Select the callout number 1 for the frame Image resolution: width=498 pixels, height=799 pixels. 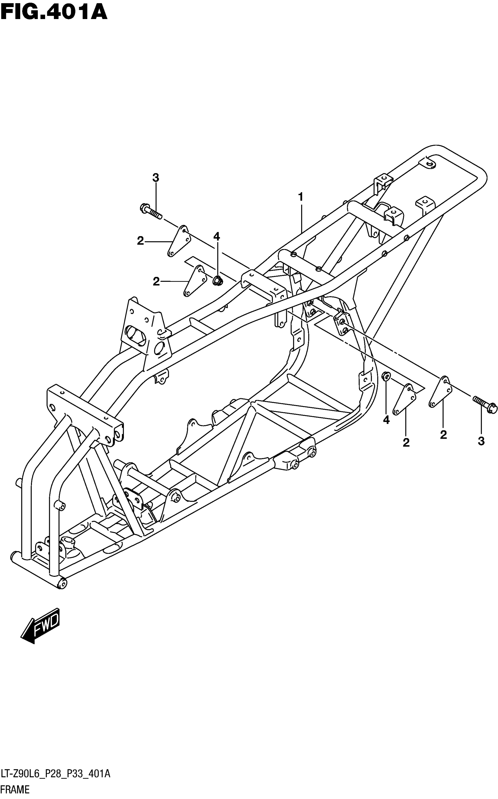tap(300, 197)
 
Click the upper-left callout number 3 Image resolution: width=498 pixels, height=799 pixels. tap(156, 178)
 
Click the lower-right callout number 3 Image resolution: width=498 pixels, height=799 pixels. tap(481, 441)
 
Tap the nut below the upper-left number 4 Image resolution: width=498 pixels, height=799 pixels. tap(217, 281)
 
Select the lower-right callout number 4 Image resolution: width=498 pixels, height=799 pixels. tap(386, 420)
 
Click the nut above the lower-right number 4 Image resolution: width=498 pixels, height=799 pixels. tap(386, 376)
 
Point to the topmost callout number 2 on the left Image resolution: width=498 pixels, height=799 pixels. tap(141, 241)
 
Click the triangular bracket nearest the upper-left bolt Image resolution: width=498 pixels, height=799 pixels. tap(178, 241)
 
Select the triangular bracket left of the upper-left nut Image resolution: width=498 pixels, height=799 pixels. tap(194, 281)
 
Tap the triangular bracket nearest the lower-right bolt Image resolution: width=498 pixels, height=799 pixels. tap(440, 392)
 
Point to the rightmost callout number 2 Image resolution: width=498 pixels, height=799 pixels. tap(443, 435)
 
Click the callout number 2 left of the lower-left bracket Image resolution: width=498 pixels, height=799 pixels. tap(156, 281)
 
